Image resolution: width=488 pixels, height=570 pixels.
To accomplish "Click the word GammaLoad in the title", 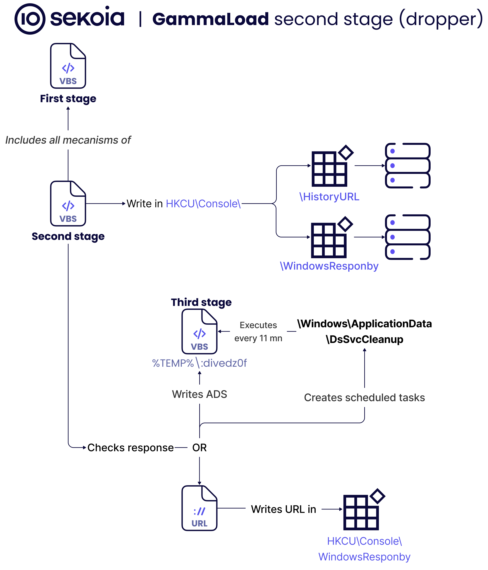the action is click(x=211, y=19).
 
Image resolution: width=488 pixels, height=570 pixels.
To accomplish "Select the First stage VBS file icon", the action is click(x=68, y=66).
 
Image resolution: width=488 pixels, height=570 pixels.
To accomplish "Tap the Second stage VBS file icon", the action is click(x=68, y=203).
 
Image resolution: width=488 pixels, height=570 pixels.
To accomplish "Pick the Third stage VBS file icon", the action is click(x=199, y=331).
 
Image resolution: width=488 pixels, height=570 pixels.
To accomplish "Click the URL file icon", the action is click(x=199, y=508).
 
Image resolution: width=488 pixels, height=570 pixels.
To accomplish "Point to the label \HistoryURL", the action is click(x=329, y=197).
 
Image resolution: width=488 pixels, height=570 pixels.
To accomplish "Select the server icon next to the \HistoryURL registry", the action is click(x=407, y=166).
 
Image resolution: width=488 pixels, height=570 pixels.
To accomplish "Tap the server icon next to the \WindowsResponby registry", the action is click(x=407, y=237).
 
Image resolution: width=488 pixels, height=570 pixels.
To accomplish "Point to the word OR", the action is click(x=199, y=448).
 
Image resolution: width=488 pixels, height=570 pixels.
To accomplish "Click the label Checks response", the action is click(x=131, y=448).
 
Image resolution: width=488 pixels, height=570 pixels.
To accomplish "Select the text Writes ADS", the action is click(x=199, y=394).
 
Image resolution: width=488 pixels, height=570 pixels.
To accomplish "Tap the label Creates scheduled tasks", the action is click(x=364, y=397).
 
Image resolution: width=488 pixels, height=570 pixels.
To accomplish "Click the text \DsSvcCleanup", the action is click(x=364, y=339).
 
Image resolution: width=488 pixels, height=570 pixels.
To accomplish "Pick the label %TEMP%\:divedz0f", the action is click(x=199, y=363).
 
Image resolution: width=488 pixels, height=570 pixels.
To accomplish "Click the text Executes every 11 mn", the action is click(x=258, y=331).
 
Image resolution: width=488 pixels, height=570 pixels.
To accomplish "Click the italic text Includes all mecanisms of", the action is click(x=68, y=140).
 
